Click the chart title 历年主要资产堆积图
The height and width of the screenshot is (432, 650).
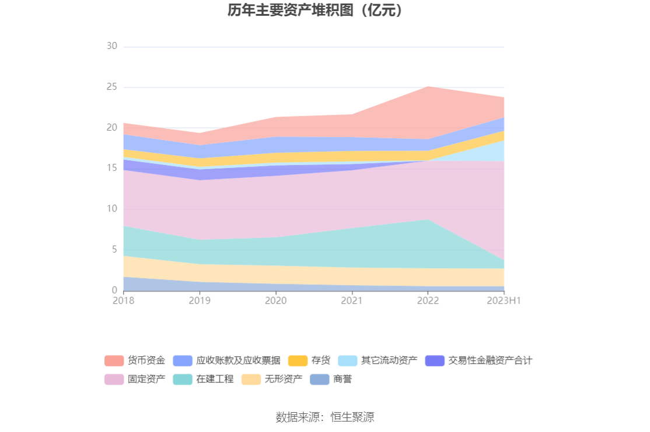316,10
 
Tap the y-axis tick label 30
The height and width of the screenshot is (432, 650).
112,46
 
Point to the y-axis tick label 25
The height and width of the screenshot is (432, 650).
112,87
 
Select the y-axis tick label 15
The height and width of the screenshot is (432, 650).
112,168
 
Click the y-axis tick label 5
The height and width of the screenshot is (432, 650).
114,250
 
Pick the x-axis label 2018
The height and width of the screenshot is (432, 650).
124,301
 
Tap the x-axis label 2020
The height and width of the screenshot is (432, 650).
276,301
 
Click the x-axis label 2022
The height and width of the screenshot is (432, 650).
428,301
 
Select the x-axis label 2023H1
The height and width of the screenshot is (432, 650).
504,301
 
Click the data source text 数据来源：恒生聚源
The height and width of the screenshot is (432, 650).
325,417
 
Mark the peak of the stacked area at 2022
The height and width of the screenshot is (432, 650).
428,86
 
